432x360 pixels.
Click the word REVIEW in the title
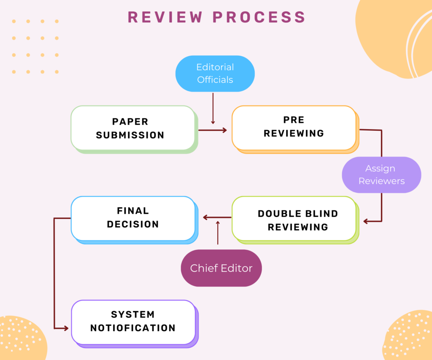[x=165, y=17]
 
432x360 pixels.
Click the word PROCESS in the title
[x=259, y=17]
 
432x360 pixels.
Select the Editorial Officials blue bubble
[x=215, y=73]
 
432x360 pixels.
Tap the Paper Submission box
[x=132, y=128]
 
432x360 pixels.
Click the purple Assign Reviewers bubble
[x=381, y=175]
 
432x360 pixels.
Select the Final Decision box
[x=132, y=218]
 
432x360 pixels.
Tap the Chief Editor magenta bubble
[x=221, y=268]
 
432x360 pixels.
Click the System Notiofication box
[x=132, y=322]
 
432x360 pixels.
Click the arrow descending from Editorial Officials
[x=213, y=108]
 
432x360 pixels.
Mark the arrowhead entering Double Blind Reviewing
[x=366, y=221]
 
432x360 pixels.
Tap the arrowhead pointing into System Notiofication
[x=65, y=328]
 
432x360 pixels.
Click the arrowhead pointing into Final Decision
[x=205, y=217]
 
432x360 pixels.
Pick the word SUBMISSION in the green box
[x=130, y=135]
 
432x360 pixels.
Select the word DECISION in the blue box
[x=132, y=225]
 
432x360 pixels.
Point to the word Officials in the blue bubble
[x=215, y=79]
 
